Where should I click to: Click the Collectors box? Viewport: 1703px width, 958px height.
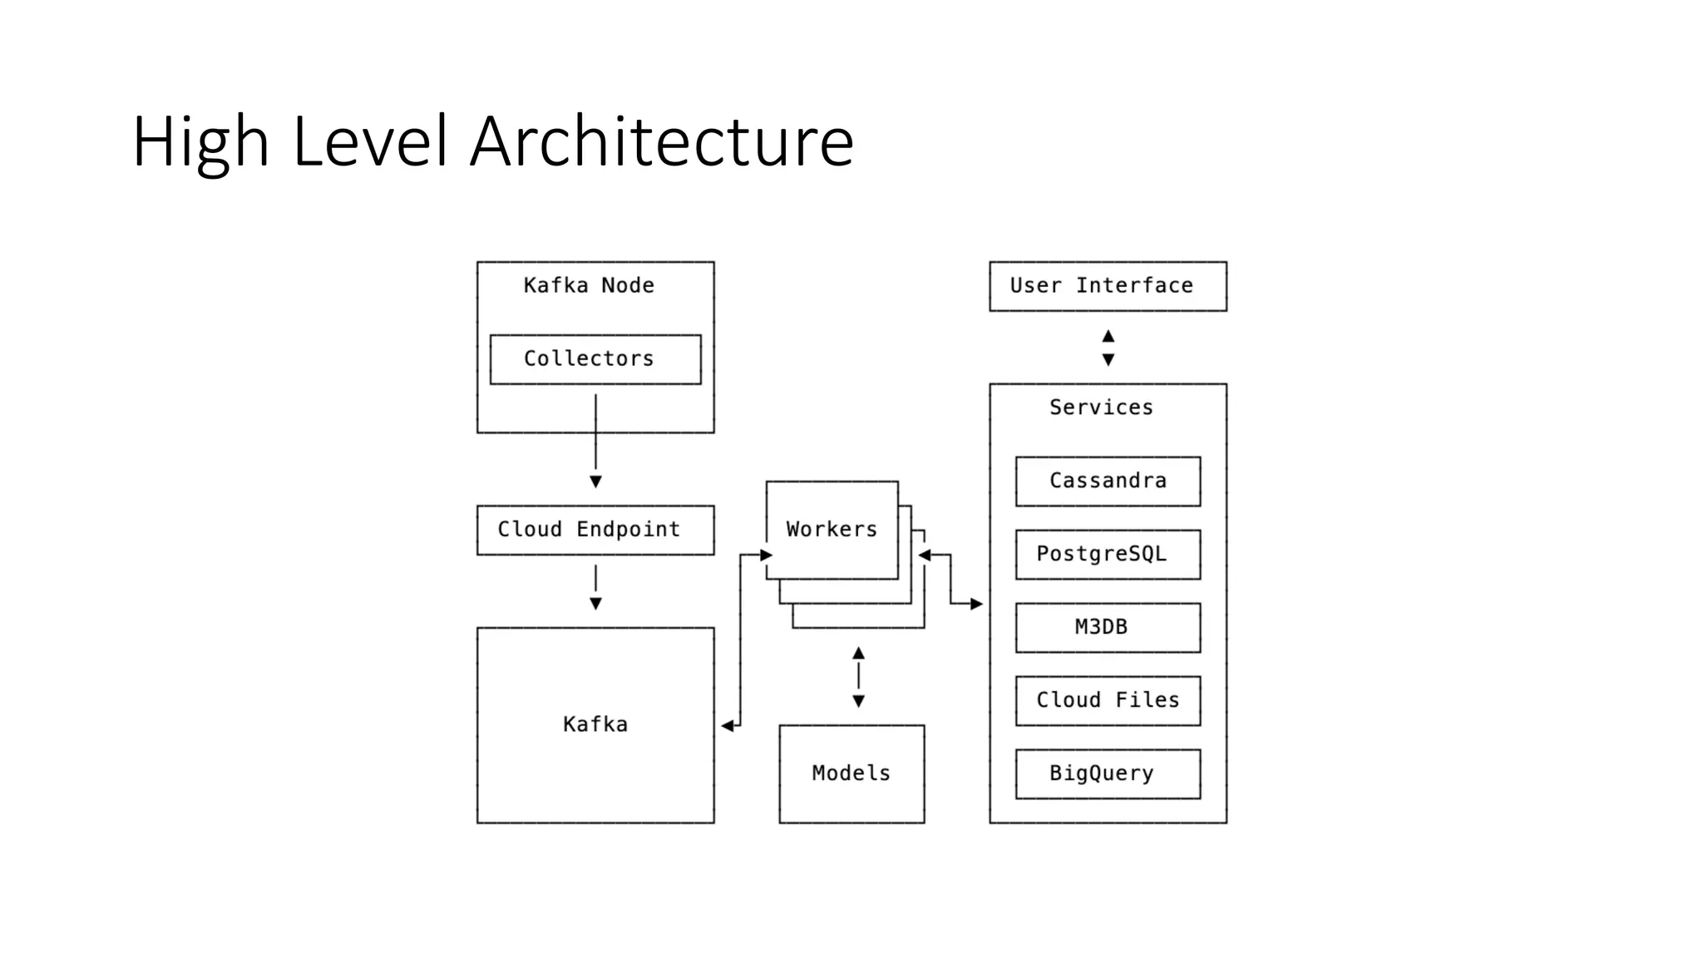pos(595,359)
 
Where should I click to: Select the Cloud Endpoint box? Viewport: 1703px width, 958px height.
pos(595,530)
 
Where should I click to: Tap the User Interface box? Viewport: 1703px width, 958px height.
pos(1107,286)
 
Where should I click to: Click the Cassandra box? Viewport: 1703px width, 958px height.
pos(1107,481)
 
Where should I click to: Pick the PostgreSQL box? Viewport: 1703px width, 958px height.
pos(1107,554)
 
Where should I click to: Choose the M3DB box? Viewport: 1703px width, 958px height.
pos(1107,627)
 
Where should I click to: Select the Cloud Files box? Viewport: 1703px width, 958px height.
pos(1107,700)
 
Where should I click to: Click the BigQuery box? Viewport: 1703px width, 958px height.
pos(1107,773)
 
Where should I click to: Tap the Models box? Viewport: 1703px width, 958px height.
pos(851,773)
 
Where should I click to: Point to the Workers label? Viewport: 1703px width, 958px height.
pos(832,530)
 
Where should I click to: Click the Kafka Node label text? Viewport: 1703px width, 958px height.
pos(588,286)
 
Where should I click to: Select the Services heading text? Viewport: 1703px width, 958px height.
pos(1100,407)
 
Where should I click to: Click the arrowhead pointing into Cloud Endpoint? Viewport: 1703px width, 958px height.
pos(595,481)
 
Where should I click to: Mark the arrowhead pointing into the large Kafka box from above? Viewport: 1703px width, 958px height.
pos(595,604)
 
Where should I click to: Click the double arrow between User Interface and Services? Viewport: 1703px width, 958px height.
pos(1108,348)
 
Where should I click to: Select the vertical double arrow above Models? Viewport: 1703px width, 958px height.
pos(858,677)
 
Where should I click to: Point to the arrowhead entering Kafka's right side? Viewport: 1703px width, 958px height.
pos(728,726)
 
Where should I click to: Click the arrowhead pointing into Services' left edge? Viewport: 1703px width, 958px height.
pos(976,604)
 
